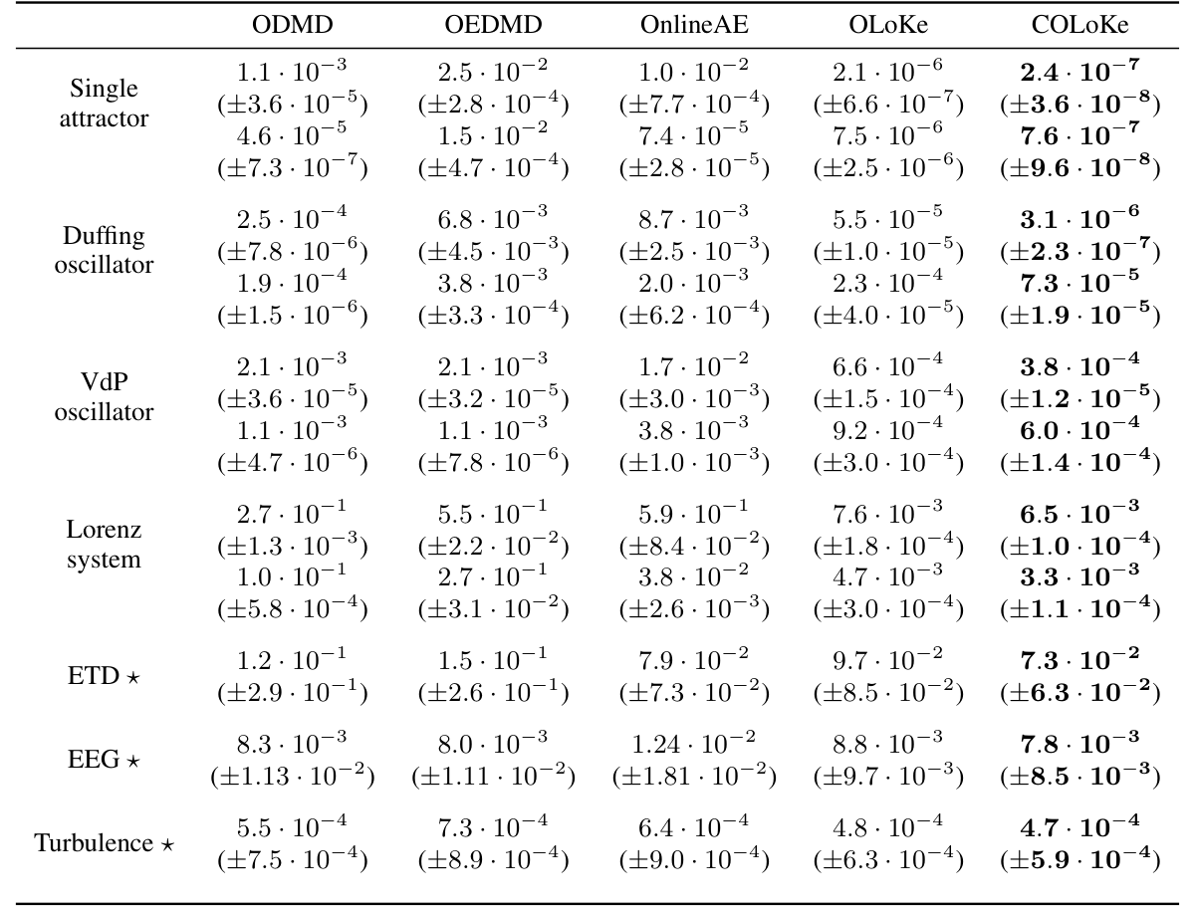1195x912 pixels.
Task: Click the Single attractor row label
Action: click(104, 104)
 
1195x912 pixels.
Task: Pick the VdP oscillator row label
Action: click(104, 397)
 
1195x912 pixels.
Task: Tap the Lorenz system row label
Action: click(104, 544)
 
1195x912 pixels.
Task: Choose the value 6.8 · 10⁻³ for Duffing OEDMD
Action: click(493, 216)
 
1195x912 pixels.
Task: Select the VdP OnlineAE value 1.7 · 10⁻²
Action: click(692, 363)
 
